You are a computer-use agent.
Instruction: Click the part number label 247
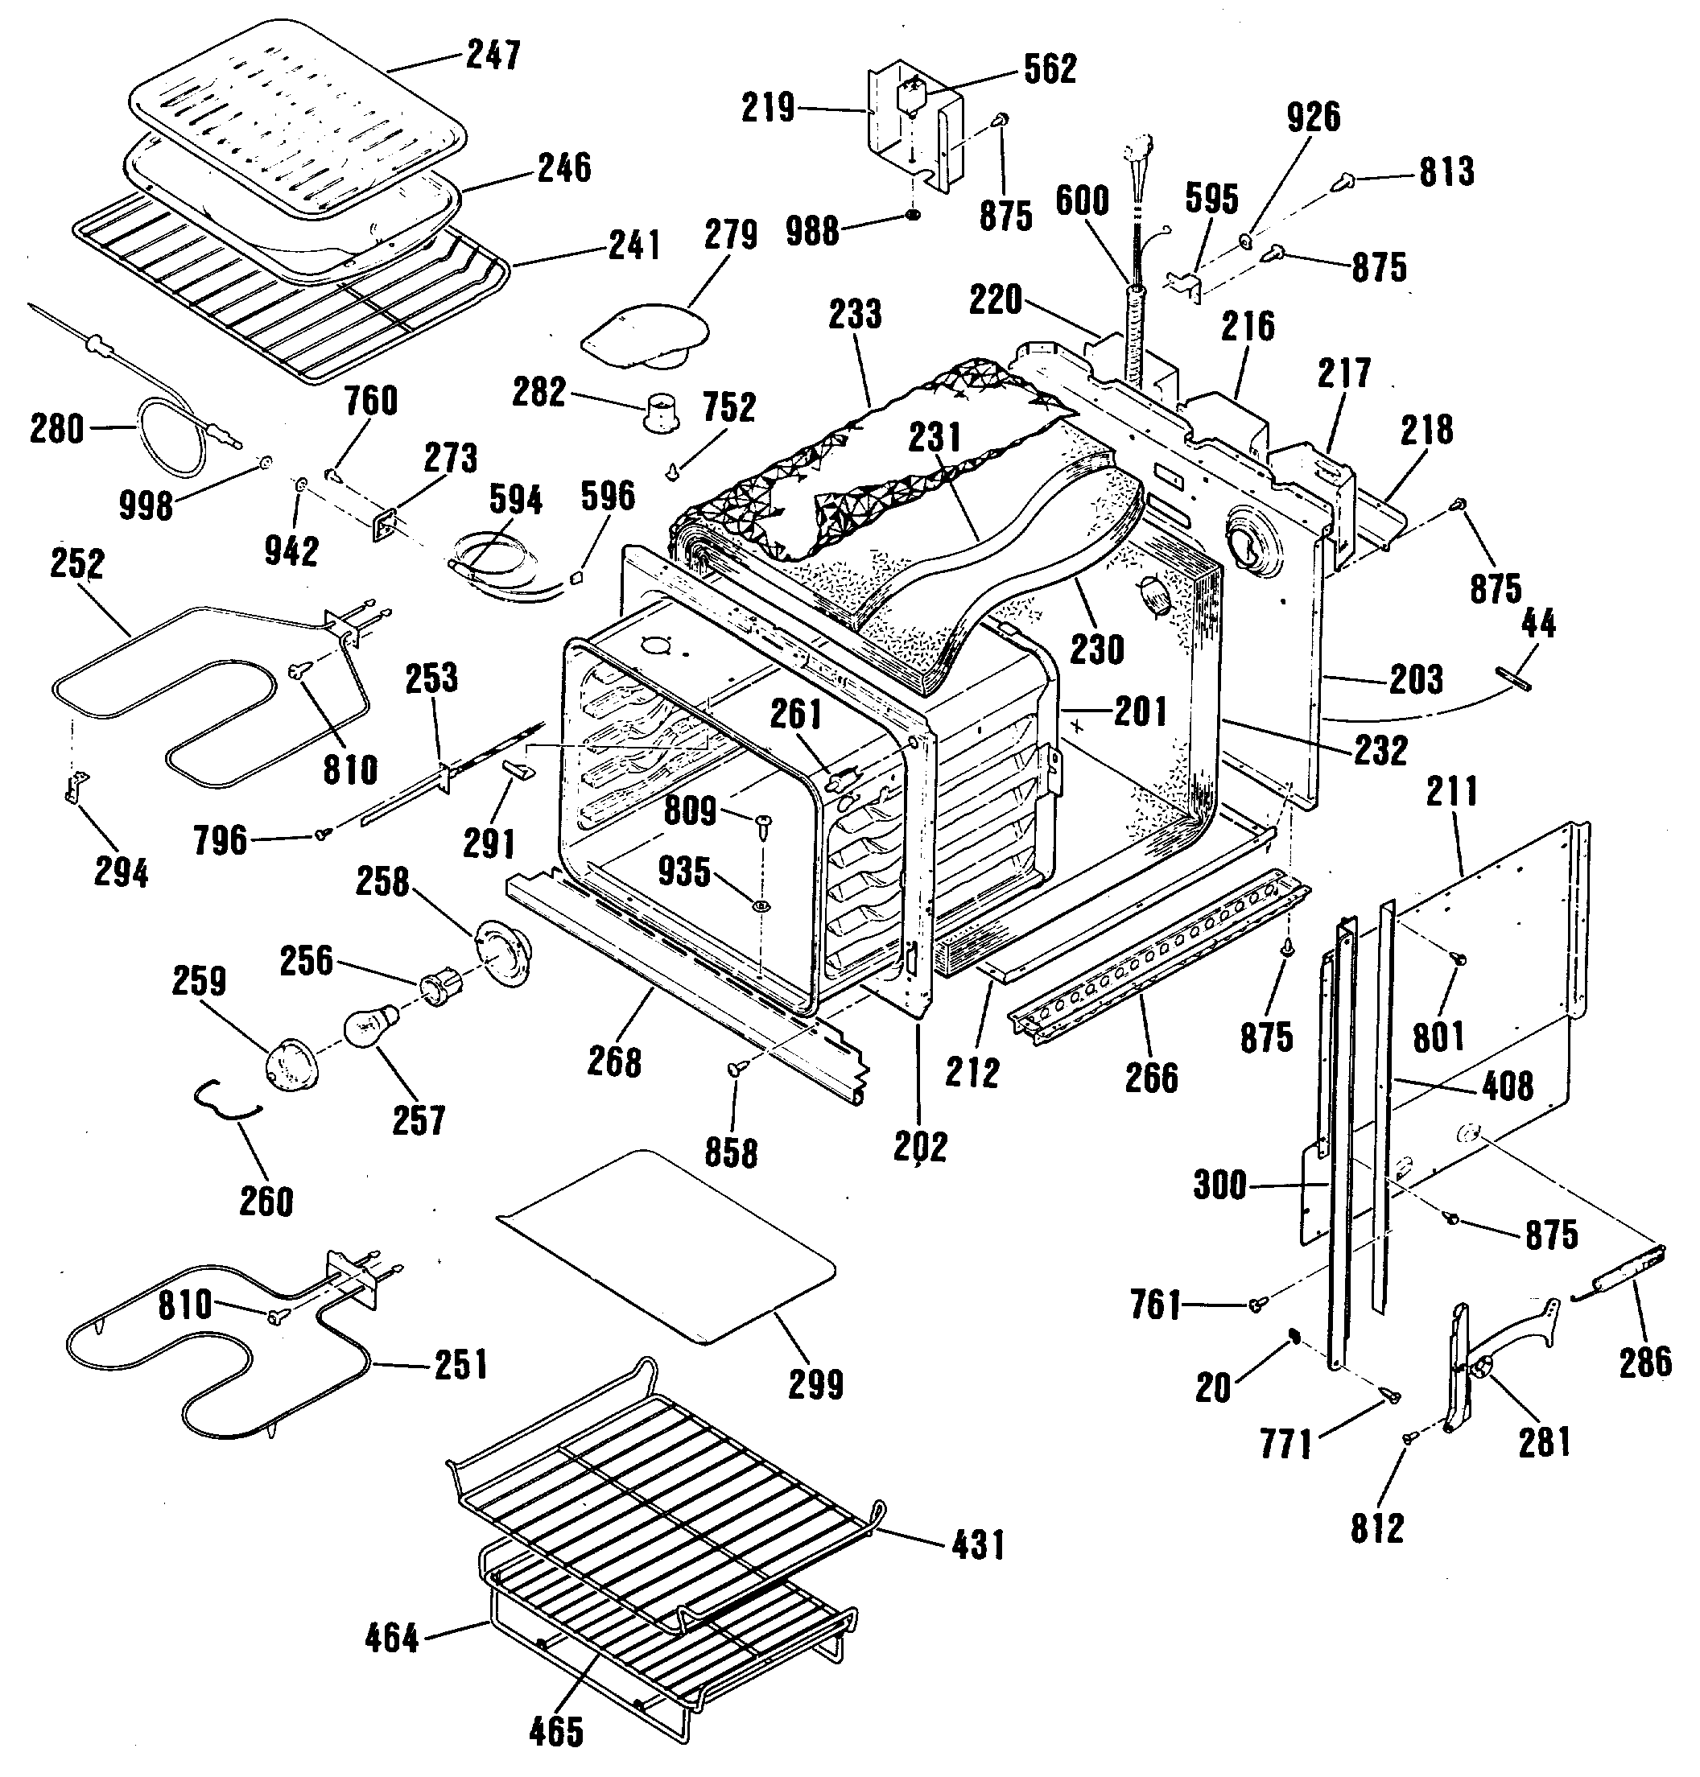click(x=494, y=56)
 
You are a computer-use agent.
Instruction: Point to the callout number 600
click(x=1082, y=200)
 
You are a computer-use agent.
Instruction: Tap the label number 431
click(x=979, y=1545)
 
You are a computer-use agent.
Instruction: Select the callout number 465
click(x=556, y=1732)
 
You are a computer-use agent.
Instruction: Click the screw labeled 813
click(x=1342, y=182)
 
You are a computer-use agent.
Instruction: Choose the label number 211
click(x=1452, y=792)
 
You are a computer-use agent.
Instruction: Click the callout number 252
click(x=77, y=563)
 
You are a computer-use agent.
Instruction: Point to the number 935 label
click(x=684, y=871)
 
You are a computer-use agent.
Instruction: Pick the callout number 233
click(x=855, y=315)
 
